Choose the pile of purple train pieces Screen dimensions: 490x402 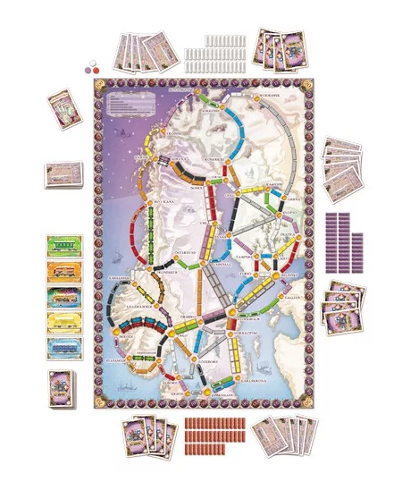click(344, 241)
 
